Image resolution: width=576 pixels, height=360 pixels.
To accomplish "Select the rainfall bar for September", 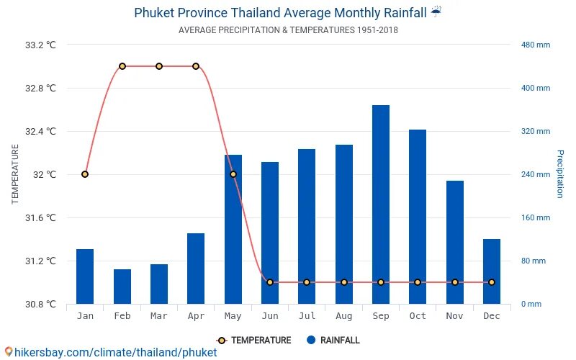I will point(381,204).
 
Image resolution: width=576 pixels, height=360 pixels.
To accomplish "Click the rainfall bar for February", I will point(122,287).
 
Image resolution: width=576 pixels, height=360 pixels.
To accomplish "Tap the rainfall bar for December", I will point(492,271).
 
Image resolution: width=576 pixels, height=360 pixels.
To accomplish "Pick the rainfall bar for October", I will point(418,217).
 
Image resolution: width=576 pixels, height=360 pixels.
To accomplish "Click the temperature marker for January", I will point(85,174).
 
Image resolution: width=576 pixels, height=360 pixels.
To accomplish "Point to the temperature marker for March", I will point(159,66).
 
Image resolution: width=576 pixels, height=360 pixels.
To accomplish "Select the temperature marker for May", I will point(233,174).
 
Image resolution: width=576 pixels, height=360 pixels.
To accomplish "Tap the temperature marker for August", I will point(344,282).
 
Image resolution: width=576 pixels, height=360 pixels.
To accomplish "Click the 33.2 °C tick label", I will point(40,45).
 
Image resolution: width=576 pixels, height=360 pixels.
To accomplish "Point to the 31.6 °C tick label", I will point(40,217).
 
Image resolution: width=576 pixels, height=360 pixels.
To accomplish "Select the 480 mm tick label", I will point(536,45).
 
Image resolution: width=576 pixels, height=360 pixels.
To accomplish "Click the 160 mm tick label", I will point(536,217).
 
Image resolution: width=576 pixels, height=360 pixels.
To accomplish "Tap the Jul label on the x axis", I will point(307,316).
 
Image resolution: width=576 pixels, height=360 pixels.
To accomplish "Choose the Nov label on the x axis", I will point(454,316).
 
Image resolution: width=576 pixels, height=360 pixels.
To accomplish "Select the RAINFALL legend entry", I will point(333,341).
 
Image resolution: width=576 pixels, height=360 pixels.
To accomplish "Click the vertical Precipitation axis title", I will point(559,174).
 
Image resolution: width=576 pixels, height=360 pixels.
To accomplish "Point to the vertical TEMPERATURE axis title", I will point(15,174).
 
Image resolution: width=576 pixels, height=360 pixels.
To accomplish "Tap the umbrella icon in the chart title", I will point(436,12).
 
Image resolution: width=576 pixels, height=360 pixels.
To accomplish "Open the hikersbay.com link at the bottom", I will point(112,353).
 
